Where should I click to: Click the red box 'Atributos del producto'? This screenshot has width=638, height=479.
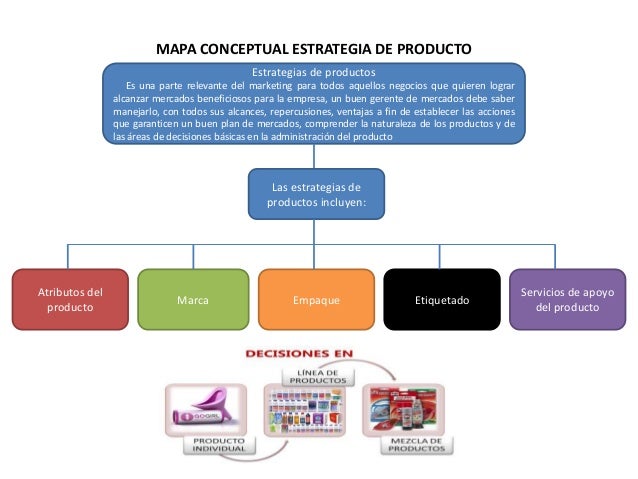(70, 300)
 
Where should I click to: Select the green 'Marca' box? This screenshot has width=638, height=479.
(192, 300)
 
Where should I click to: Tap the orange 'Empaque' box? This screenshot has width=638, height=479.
(316, 300)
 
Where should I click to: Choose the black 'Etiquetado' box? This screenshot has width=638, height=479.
(441, 300)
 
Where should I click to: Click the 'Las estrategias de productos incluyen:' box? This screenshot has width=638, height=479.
(316, 194)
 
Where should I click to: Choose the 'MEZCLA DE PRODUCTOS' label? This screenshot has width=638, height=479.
(413, 444)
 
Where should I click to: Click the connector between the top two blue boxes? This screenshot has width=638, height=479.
(316, 158)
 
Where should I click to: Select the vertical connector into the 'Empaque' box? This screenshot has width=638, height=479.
(316, 255)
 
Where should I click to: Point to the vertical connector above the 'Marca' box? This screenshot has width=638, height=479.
(192, 255)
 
